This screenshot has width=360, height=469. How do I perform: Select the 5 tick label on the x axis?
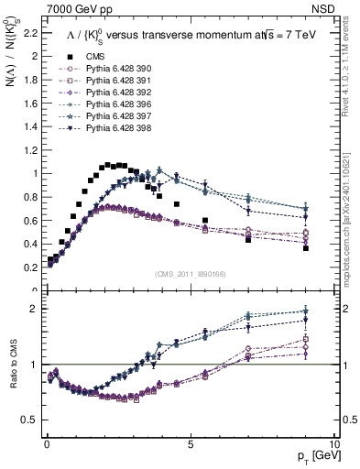pos(190,442)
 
